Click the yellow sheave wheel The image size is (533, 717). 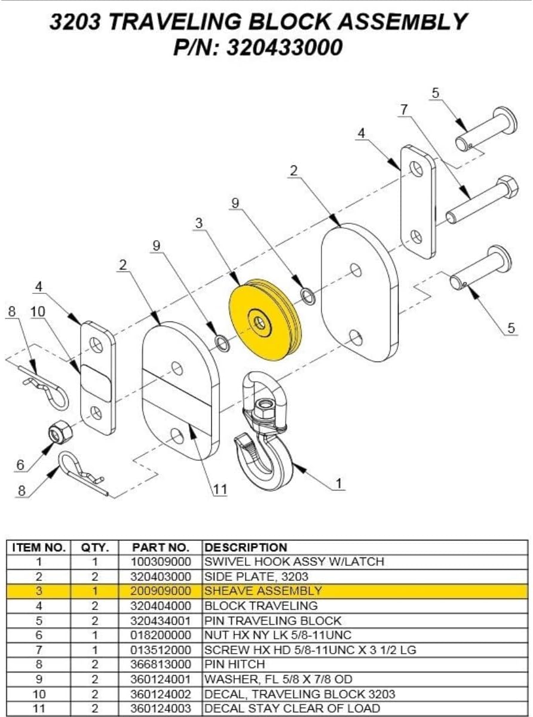(263, 323)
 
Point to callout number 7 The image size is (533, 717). (405, 109)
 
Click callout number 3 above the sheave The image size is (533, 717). (199, 223)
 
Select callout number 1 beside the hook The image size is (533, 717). (339, 485)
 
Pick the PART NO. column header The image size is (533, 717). (161, 547)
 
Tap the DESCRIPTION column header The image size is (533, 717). (246, 547)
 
